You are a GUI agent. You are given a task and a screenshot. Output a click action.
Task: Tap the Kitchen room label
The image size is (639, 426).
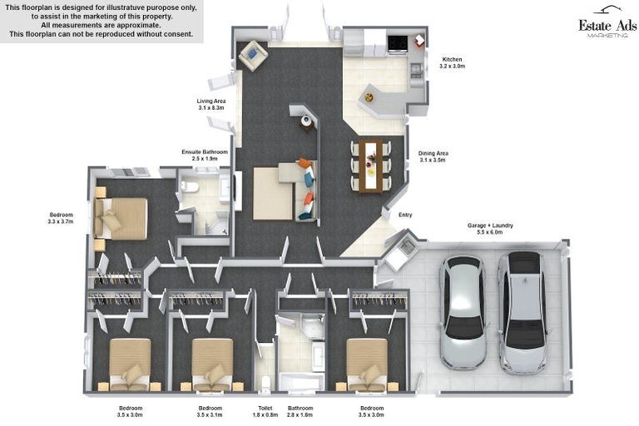[452, 62]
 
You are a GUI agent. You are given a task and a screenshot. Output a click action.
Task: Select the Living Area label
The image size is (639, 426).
[211, 104]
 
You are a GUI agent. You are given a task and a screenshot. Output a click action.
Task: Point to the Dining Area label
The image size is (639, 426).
[433, 156]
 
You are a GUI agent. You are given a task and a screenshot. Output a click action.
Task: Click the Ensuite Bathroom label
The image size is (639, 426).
[205, 155]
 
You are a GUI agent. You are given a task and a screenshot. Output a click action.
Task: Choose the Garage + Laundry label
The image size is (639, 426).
[490, 229]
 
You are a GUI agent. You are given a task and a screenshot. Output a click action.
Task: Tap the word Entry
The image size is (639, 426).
[405, 215]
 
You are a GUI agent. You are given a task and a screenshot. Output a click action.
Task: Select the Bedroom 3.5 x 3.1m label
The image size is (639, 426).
[211, 411]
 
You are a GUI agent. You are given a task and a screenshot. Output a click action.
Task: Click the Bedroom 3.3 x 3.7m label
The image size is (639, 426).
[61, 218]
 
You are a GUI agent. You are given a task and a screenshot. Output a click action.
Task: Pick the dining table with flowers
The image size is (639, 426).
[371, 166]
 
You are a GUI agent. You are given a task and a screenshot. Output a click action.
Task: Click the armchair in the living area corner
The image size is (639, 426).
[253, 55]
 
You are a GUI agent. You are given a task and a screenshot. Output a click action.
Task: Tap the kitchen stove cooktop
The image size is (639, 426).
[397, 43]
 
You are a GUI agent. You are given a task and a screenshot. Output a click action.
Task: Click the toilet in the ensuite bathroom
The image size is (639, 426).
[190, 186]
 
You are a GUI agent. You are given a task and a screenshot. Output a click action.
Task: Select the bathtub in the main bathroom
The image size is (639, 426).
[301, 382]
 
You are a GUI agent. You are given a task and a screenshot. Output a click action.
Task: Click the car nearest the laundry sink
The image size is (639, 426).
[463, 312]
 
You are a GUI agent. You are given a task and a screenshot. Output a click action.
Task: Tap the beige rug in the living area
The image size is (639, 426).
[273, 194]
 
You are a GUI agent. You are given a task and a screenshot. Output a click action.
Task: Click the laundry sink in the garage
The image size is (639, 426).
[406, 246]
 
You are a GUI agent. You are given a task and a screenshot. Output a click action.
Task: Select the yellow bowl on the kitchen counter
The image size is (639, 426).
[369, 97]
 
